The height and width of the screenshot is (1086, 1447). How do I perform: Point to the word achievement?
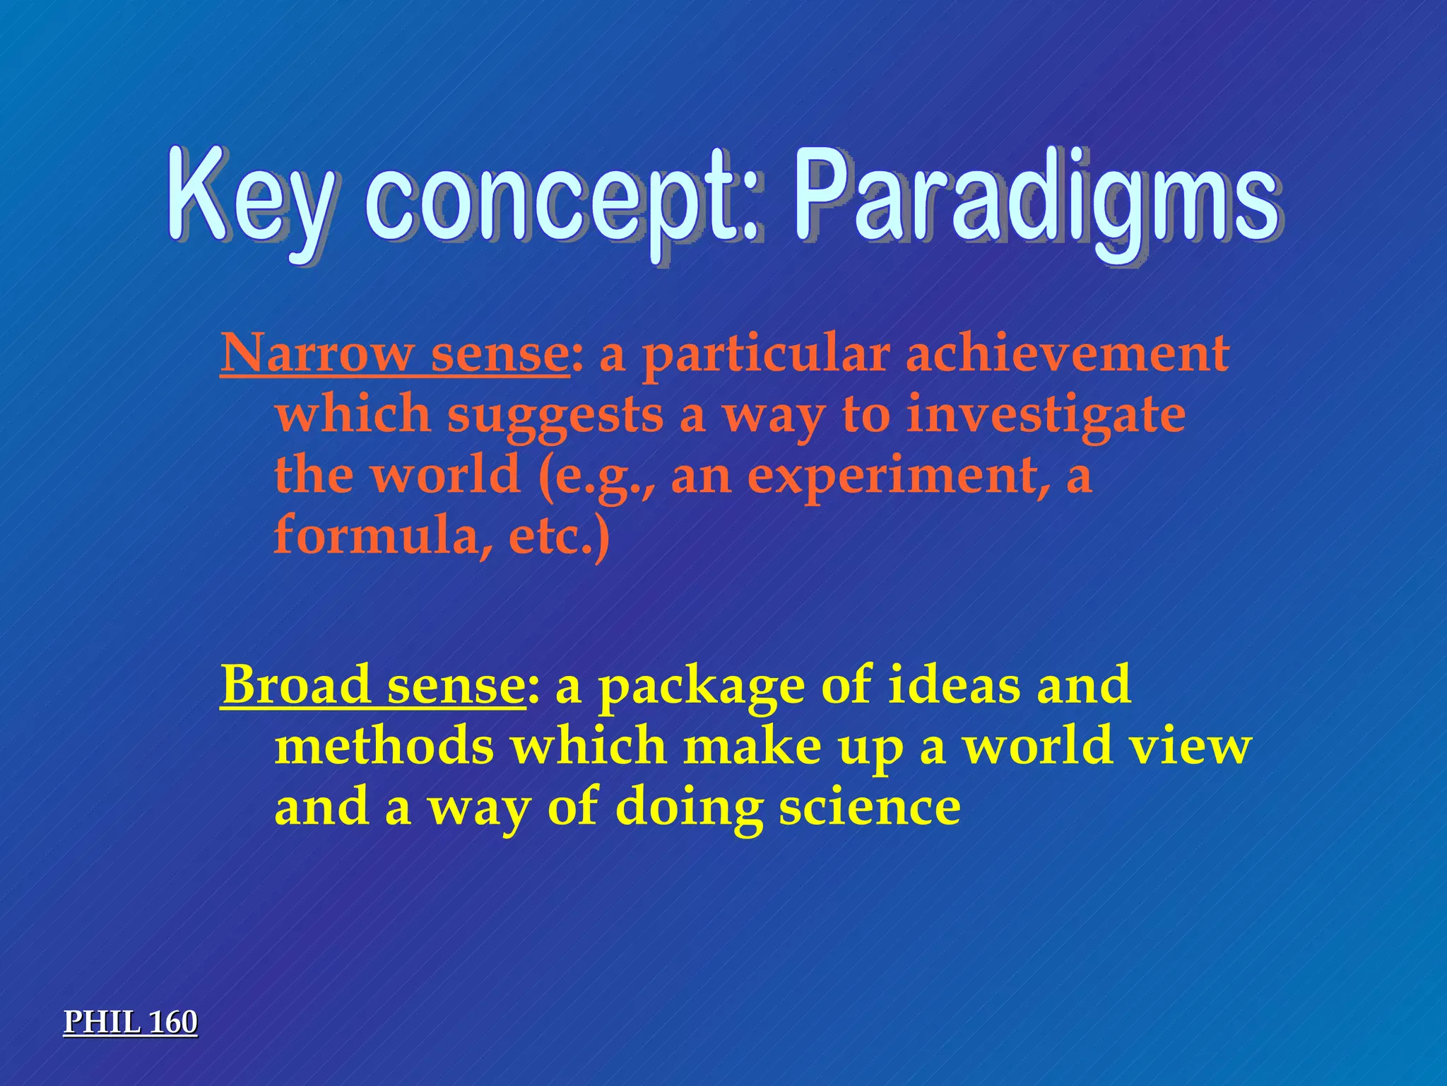coord(1067,354)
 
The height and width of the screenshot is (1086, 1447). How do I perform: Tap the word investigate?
coord(1046,416)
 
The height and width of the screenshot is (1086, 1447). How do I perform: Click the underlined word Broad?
coord(295,685)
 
